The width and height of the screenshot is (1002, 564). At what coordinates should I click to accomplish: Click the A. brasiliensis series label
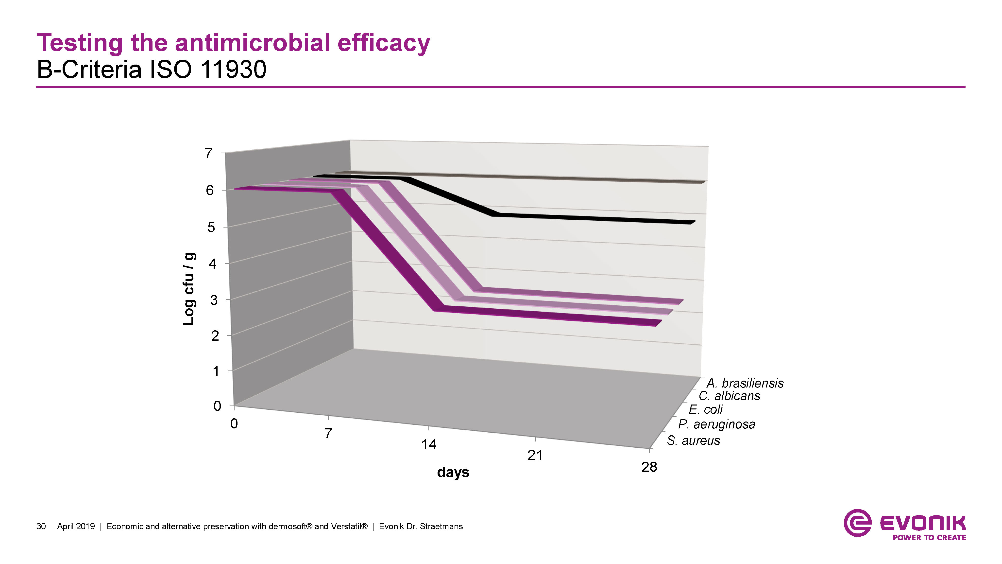click(x=745, y=383)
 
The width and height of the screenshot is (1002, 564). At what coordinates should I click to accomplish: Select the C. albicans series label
click(x=729, y=396)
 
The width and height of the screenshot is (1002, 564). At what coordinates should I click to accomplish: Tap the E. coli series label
click(x=706, y=409)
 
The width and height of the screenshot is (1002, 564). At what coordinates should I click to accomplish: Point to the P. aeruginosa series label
click(x=716, y=424)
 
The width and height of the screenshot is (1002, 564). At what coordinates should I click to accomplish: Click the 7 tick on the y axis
click(x=209, y=153)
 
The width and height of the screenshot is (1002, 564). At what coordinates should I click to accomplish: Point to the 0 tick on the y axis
click(x=218, y=406)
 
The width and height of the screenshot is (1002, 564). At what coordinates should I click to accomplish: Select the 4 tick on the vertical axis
click(x=212, y=264)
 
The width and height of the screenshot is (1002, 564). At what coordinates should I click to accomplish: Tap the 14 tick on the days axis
click(x=429, y=444)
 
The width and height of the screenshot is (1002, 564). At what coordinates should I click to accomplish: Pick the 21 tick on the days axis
click(x=535, y=455)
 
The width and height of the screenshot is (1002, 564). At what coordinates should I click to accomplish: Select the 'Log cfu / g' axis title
click(x=189, y=288)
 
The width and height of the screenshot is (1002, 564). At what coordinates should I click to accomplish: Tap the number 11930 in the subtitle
click(x=233, y=70)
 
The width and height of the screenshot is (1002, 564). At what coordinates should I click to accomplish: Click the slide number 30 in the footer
click(x=41, y=527)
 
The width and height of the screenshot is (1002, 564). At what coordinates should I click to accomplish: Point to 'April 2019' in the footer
click(x=76, y=527)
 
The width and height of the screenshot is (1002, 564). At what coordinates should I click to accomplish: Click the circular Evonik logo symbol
click(x=857, y=523)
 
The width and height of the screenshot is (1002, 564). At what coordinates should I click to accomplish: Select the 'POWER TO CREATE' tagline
click(x=929, y=538)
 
